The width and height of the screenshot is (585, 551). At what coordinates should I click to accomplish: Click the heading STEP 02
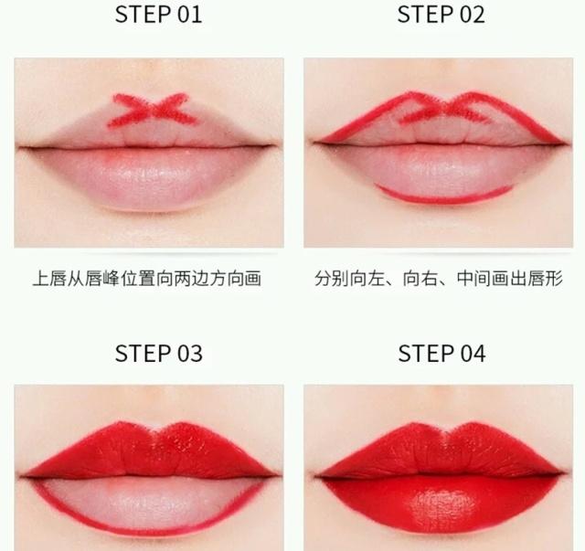click(x=441, y=16)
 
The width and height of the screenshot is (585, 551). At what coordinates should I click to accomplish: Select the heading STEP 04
click(x=441, y=354)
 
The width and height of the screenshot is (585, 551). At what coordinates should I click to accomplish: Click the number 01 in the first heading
click(x=189, y=16)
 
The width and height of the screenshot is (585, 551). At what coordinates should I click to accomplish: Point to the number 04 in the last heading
click(x=473, y=354)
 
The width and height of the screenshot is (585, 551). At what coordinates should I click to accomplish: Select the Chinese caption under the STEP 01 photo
click(x=147, y=279)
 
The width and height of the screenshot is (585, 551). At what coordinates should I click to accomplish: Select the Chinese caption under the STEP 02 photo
click(x=438, y=279)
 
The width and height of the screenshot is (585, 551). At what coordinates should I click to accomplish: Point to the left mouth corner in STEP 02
click(x=314, y=143)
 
